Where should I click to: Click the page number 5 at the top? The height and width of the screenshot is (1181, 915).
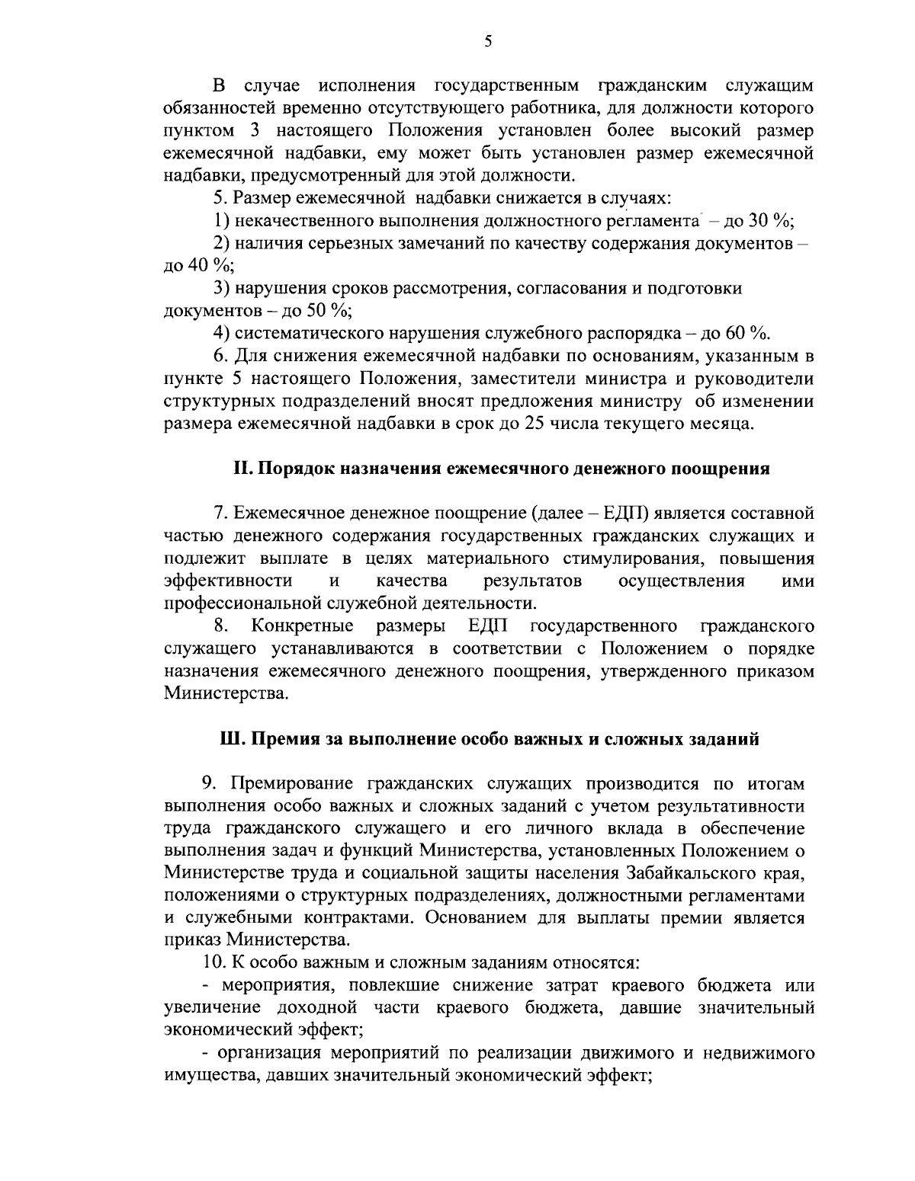(488, 42)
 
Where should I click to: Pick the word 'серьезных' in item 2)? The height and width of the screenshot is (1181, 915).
(332, 244)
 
